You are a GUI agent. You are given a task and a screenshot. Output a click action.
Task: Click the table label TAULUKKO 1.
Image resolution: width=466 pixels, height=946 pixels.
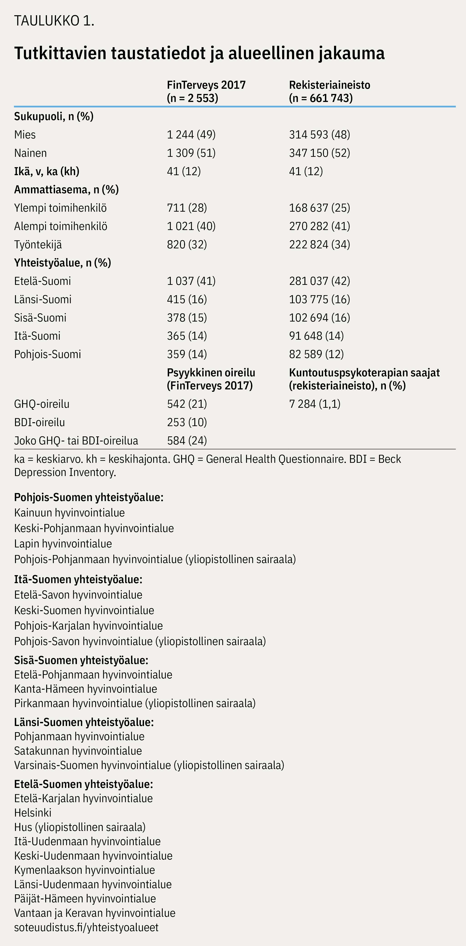54,21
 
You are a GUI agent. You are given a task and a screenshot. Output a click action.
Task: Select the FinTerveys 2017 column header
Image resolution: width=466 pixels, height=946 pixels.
206,91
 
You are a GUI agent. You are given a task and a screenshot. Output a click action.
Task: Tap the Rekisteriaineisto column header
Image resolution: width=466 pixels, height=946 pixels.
329,91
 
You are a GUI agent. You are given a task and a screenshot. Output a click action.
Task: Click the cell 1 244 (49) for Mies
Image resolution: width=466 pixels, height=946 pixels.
191,135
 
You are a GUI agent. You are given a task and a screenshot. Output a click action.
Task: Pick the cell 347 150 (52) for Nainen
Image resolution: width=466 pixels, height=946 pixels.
319,153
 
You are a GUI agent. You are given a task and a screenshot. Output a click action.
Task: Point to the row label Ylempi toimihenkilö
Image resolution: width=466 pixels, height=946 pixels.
60,208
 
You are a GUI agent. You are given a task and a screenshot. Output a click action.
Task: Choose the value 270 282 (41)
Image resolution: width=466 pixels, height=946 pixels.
319,226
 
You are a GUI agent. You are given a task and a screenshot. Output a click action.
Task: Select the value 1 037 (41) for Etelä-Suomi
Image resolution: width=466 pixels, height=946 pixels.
191,281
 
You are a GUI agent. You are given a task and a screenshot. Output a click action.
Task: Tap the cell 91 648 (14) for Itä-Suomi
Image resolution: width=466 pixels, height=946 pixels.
316,336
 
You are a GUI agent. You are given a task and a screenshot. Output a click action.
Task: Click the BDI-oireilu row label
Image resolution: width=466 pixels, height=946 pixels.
39,422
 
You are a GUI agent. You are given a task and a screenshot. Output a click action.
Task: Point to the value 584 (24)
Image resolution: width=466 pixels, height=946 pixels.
187,441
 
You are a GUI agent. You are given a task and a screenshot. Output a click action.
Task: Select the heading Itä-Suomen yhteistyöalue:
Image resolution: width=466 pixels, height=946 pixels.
78,579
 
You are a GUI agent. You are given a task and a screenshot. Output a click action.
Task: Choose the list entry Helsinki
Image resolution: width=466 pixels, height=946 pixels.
33,813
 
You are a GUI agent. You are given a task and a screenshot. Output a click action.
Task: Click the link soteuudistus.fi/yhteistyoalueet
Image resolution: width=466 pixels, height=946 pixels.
86,927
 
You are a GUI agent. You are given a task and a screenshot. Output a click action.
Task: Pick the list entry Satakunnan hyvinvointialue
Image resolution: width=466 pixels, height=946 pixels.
78,751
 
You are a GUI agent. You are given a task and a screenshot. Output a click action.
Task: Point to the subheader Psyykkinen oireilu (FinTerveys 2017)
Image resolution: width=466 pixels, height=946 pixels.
211,379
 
